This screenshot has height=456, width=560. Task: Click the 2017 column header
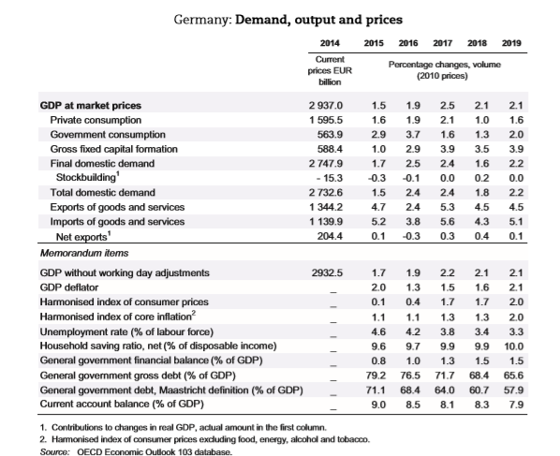[x=443, y=43]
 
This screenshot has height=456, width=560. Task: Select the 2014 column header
[x=330, y=43]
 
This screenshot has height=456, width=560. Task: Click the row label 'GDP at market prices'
[x=91, y=106]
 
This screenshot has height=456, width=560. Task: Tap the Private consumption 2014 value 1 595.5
[x=326, y=120]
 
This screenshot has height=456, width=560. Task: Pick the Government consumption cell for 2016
[x=413, y=135]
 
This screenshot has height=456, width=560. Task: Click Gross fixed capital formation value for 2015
[x=378, y=149]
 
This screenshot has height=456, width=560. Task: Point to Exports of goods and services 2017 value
[x=447, y=207]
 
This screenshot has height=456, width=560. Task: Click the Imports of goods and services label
[x=117, y=222]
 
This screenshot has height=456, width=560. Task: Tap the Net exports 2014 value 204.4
[x=330, y=236]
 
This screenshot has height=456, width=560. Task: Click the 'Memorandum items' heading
[x=84, y=253]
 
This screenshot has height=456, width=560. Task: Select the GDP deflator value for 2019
[x=516, y=287]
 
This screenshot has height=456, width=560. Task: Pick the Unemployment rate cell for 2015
[x=378, y=331]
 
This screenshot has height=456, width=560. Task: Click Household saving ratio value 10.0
[x=513, y=346]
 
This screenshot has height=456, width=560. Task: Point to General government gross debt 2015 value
[x=376, y=375]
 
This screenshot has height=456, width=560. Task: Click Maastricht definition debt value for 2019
[x=513, y=390]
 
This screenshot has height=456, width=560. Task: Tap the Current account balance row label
[x=122, y=405]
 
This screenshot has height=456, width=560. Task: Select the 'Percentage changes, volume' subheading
[x=445, y=65]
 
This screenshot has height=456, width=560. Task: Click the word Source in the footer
[x=54, y=451]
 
